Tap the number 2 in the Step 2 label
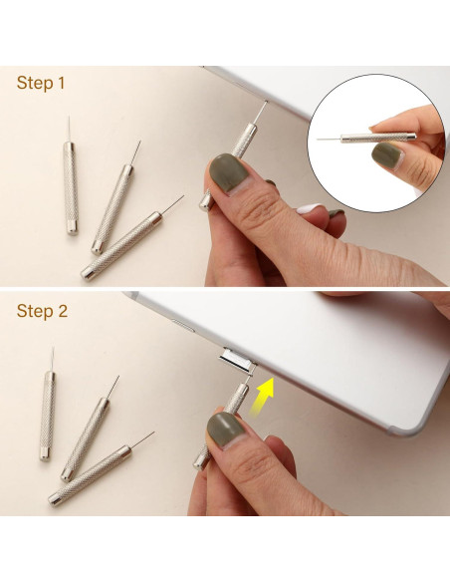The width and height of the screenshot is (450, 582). [63, 311]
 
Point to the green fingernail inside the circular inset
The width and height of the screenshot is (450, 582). [385, 157]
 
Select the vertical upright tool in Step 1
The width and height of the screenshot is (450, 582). [71, 184]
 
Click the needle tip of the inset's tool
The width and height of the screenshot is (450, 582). [322, 139]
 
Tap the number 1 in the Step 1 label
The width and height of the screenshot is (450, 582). [61, 83]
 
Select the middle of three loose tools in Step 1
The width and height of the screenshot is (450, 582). [114, 204]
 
